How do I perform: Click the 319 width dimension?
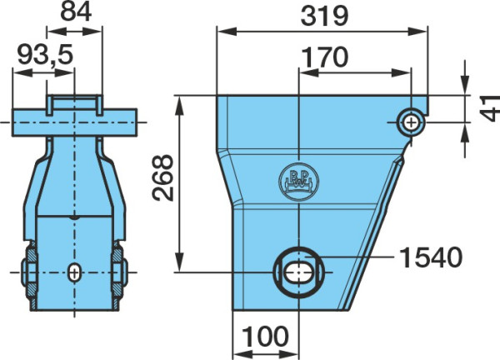tap(324, 17)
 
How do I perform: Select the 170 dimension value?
tap(325, 57)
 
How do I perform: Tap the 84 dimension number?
tap(76, 11)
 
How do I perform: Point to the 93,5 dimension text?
tap(45, 54)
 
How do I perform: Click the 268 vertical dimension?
tap(162, 177)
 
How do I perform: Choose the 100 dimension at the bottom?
tap(265, 336)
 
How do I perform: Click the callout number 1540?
tap(431, 257)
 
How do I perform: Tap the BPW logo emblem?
tap(299, 182)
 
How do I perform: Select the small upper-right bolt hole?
tap(411, 122)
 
